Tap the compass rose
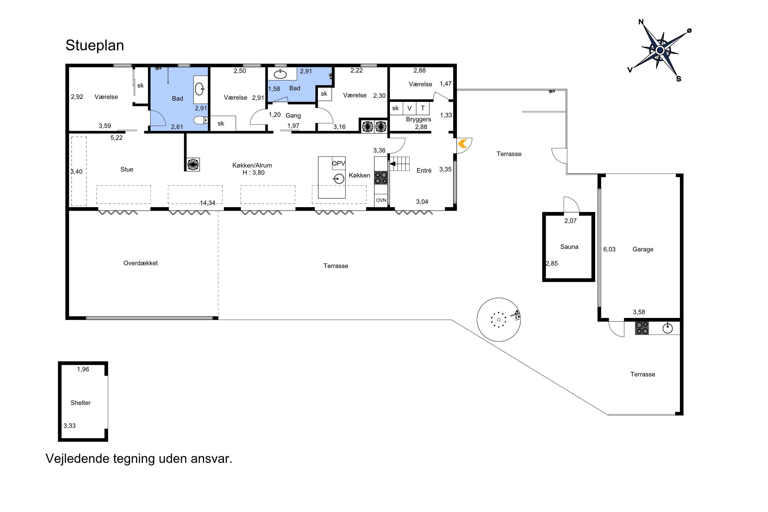click(660, 50)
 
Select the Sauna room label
click(569, 247)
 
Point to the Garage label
click(643, 249)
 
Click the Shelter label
click(81, 403)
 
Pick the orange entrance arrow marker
click(462, 143)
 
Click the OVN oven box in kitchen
click(381, 200)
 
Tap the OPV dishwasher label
click(339, 163)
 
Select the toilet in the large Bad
click(201, 121)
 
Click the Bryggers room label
click(418, 120)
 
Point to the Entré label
click(424, 170)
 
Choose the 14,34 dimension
click(207, 203)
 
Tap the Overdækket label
click(140, 263)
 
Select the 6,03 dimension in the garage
click(609, 249)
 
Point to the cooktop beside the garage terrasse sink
click(642, 328)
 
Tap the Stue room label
click(127, 169)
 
